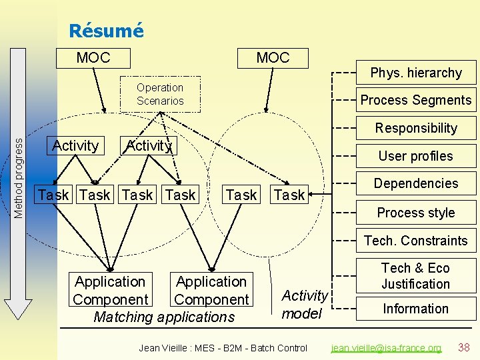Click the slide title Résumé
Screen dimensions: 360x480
pos(106,31)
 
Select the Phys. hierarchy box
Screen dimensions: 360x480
pos(416,73)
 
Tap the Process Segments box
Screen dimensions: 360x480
pos(415,101)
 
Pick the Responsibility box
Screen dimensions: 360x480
pos(416,128)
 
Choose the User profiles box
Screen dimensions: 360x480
pos(415,156)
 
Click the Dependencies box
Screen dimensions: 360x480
pos(415,183)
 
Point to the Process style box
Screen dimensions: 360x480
pos(415,213)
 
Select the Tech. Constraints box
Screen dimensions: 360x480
pos(415,241)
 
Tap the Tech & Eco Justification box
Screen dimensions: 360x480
pos(415,275)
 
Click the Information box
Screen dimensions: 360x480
pos(415,309)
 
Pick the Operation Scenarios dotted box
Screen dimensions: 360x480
pos(160,95)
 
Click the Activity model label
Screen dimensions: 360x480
pos(305,304)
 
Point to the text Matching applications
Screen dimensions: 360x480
pos(164,317)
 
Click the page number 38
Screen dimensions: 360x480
pos(464,347)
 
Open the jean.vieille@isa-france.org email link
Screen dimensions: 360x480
pos(387,348)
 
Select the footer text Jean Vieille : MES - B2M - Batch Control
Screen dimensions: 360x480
pos(223,348)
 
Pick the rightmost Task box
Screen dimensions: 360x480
pos(289,195)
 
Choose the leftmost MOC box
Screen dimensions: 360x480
pos(93,58)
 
